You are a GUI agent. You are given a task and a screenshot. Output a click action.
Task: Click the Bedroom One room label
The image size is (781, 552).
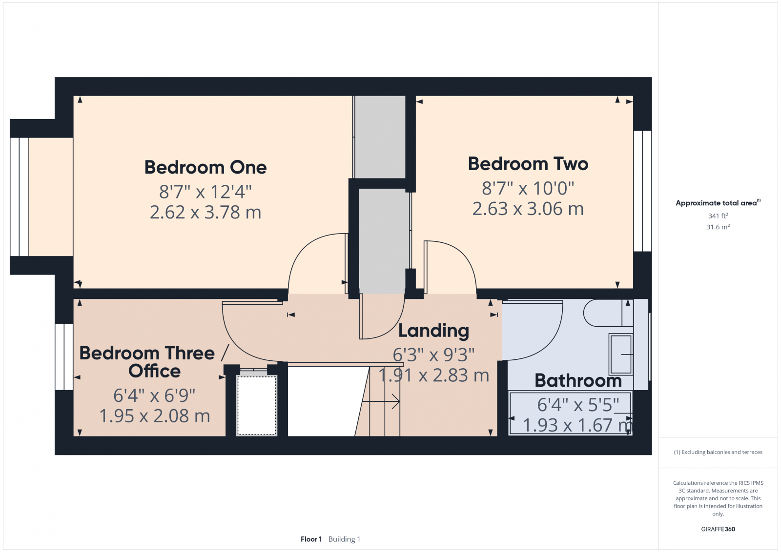pyautogui.click(x=206, y=167)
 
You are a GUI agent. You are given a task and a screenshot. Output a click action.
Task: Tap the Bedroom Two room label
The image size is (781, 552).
pyautogui.click(x=528, y=164)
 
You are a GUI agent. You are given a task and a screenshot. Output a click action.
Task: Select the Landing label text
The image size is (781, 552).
pyautogui.click(x=433, y=331)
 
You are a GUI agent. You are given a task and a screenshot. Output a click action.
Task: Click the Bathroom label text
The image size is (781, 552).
pyautogui.click(x=578, y=380)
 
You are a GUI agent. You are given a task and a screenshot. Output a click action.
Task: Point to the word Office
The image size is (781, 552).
pyautogui.click(x=154, y=371)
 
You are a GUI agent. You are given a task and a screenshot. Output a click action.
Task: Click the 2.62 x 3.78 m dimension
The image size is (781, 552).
pyautogui.click(x=206, y=212)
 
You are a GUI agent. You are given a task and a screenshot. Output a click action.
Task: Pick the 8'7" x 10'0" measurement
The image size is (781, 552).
pyautogui.click(x=528, y=188)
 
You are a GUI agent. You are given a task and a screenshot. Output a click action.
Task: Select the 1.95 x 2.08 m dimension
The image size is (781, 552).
pyautogui.click(x=154, y=416)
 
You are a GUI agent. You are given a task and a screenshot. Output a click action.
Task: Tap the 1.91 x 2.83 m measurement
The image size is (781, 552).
pyautogui.click(x=433, y=375)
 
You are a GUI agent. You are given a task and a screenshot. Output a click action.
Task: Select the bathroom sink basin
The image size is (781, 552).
pyautogui.click(x=621, y=354)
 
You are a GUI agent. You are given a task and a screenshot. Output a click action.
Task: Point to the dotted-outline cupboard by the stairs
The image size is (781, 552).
pyautogui.click(x=257, y=405)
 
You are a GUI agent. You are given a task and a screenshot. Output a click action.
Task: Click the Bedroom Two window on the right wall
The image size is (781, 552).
pyautogui.click(x=642, y=191)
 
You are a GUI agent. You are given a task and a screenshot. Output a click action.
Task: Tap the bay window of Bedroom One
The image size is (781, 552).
pyautogui.click(x=20, y=197)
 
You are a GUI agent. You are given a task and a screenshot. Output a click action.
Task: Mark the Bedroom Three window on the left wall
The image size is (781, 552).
pyautogui.click(x=64, y=356)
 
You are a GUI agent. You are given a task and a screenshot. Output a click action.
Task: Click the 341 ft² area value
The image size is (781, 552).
pyautogui.click(x=718, y=216)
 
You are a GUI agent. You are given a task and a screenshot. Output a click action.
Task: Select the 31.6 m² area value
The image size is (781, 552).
pyautogui.click(x=718, y=227)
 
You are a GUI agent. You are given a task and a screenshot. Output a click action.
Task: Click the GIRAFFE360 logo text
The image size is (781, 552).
pyautogui.click(x=718, y=529)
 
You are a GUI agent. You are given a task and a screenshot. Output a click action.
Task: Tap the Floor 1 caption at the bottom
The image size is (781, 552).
pyautogui.click(x=311, y=539)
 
